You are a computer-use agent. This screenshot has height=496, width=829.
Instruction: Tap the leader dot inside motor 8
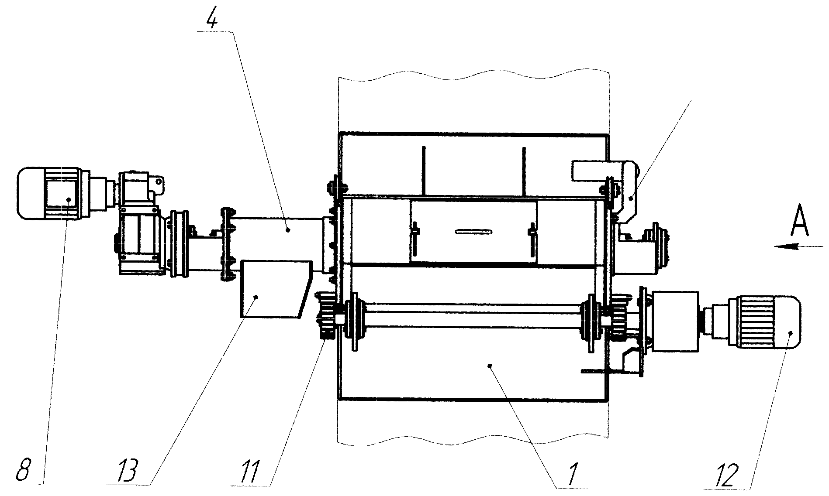[x=69, y=199]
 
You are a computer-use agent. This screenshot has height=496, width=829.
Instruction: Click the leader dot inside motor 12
[x=789, y=333]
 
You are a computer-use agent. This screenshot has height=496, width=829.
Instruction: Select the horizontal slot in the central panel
[x=474, y=232]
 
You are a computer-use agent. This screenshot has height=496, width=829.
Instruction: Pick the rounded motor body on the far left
[x=48, y=192]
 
